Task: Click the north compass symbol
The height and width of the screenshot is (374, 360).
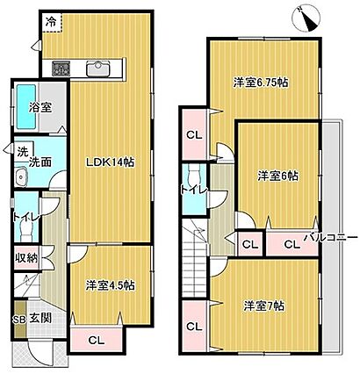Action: pyautogui.click(x=307, y=18)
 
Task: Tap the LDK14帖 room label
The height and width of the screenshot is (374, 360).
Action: pyautogui.click(x=110, y=162)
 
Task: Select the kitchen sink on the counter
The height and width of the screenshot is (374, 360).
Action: pyautogui.click(x=97, y=69)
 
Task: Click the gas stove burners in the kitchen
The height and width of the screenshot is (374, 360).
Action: pyautogui.click(x=61, y=68)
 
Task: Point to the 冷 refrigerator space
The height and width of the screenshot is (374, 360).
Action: pyautogui.click(x=52, y=23)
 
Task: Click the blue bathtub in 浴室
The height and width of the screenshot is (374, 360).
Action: pyautogui.click(x=25, y=106)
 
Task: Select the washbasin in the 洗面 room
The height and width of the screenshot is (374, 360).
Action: pyautogui.click(x=20, y=176)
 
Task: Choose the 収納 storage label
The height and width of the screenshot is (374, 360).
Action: pyautogui.click(x=26, y=258)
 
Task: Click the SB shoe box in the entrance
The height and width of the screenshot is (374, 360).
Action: pyautogui.click(x=19, y=318)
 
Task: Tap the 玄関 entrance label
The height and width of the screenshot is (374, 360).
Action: pyautogui.click(x=40, y=318)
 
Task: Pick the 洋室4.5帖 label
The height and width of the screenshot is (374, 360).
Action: pyautogui.click(x=110, y=285)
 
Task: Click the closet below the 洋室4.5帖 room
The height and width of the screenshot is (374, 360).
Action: pyautogui.click(x=97, y=340)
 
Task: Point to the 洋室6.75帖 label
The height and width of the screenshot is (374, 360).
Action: pyautogui.click(x=261, y=83)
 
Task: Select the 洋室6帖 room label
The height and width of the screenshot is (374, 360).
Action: pyautogui.click(x=277, y=176)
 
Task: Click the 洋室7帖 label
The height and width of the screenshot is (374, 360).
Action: pyautogui.click(x=264, y=306)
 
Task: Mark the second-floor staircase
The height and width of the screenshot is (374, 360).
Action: pyautogui.click(x=195, y=258)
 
